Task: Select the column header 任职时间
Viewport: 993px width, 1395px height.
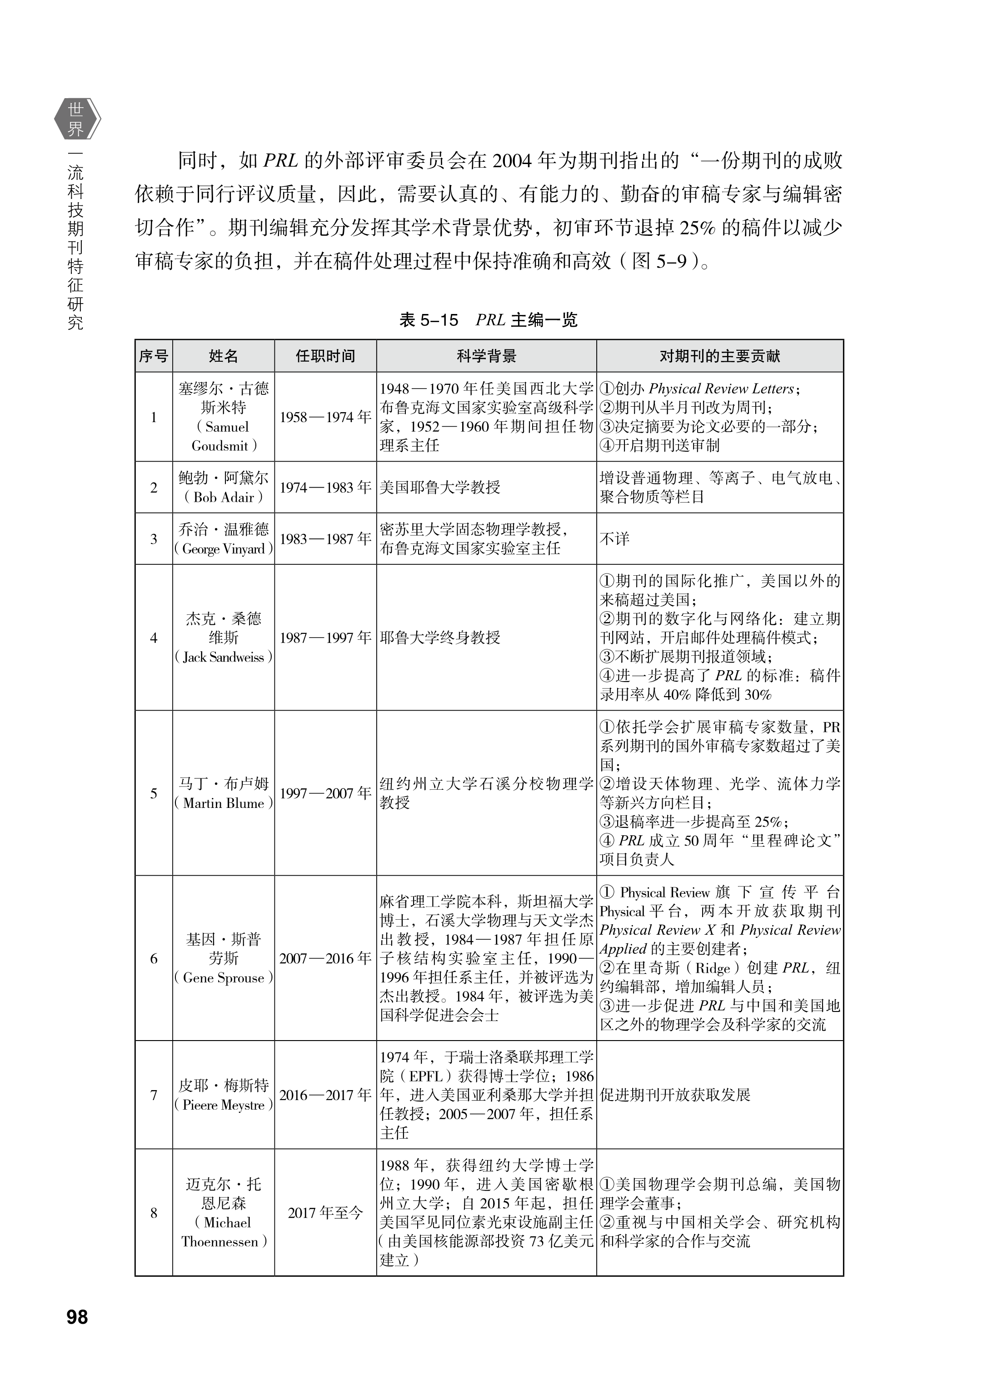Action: click(325, 356)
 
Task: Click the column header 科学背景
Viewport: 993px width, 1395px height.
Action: click(486, 356)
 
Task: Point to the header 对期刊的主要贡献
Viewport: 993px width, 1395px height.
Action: click(720, 356)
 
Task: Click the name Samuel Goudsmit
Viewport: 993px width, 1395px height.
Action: click(223, 436)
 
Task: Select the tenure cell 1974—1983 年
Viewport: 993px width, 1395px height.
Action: click(325, 487)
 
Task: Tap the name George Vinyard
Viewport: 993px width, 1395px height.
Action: click(223, 548)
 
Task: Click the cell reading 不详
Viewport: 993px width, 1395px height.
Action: click(614, 538)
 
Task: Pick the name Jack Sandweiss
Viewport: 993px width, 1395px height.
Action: click(223, 657)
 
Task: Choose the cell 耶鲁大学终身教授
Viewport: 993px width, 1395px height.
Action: click(440, 638)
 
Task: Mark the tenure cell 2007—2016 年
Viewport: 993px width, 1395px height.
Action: click(325, 958)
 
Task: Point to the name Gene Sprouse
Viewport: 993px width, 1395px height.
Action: click(223, 977)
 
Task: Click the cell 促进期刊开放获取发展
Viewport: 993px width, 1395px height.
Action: click(675, 1094)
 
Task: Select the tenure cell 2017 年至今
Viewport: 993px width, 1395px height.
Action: click(325, 1213)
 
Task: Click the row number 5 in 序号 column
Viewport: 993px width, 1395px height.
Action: click(154, 793)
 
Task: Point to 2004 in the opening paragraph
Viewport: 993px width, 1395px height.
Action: click(511, 161)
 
